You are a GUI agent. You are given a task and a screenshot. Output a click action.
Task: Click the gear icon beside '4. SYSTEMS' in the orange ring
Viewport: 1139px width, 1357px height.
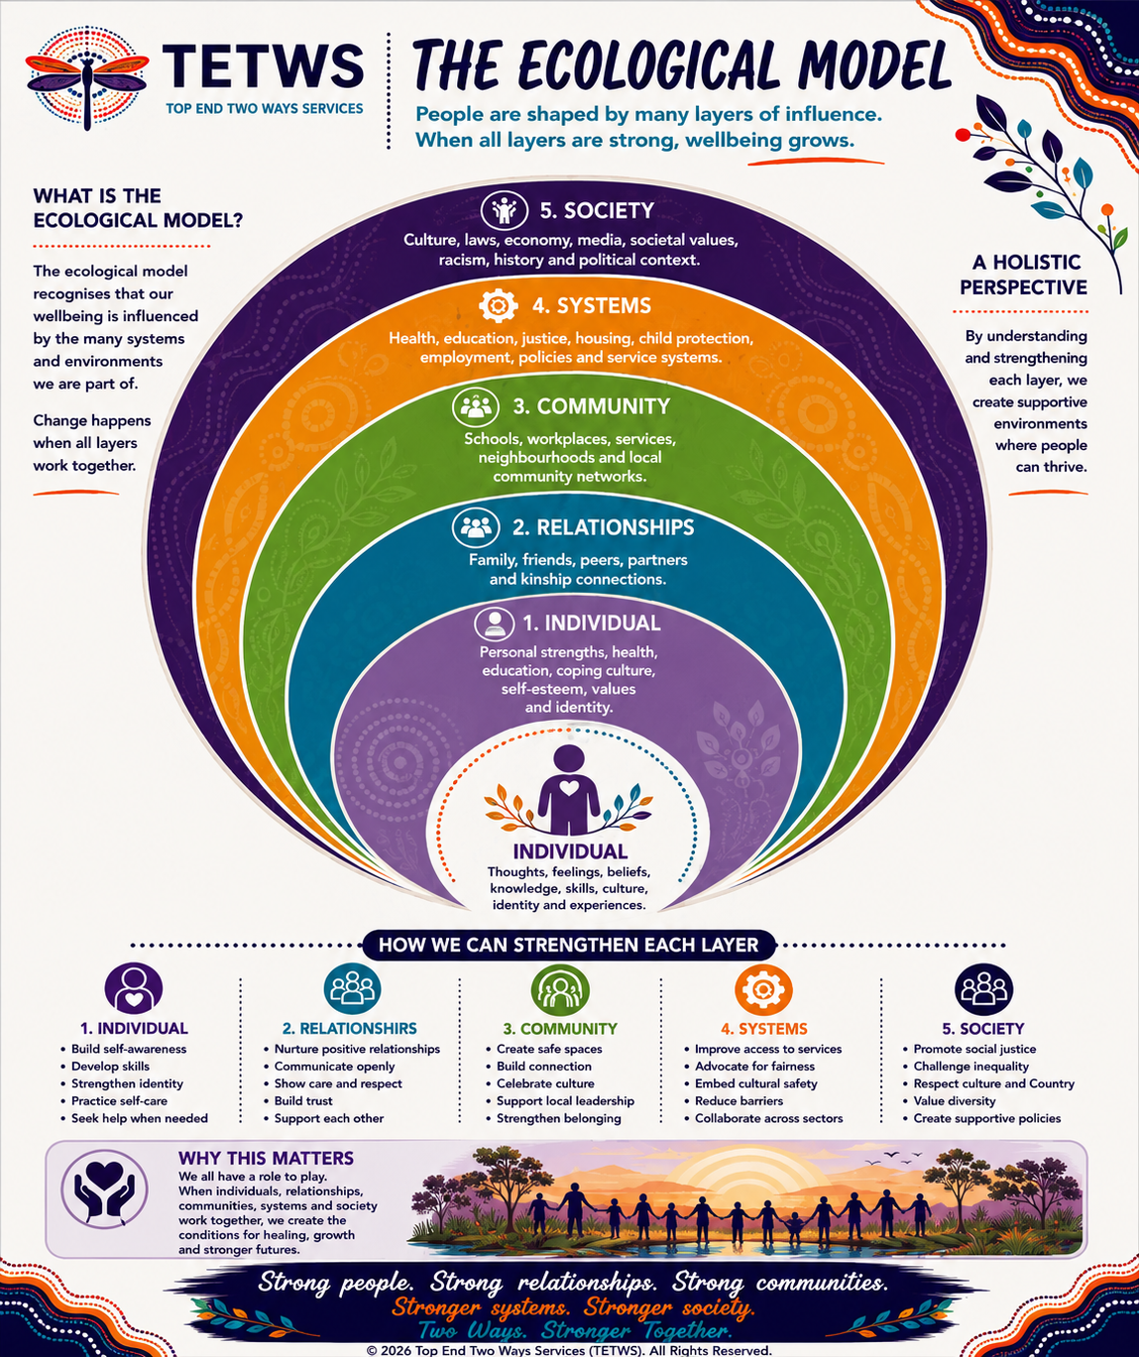coord(498,305)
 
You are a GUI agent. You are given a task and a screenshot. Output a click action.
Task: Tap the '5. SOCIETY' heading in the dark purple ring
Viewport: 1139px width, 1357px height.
coord(597,210)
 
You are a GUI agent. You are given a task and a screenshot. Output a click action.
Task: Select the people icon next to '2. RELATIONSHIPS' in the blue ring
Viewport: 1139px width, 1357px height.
coord(476,526)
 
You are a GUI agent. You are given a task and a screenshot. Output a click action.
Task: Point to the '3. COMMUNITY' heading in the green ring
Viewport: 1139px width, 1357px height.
coord(591,406)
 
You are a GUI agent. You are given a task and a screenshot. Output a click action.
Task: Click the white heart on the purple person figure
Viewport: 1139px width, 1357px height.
coord(569,788)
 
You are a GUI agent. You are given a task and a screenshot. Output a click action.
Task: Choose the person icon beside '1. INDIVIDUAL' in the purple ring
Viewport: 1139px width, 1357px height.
coord(495,622)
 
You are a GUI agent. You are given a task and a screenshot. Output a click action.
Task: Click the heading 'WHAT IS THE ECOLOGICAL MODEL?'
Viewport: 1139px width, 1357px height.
coord(138,208)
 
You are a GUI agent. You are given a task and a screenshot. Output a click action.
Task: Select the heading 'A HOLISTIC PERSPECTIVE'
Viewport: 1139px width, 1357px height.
coord(1023,275)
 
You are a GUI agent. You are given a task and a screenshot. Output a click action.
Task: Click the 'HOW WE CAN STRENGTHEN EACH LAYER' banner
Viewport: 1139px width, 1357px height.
coord(568,945)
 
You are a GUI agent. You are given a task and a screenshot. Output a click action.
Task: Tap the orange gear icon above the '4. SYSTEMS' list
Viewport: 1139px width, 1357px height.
coord(763,988)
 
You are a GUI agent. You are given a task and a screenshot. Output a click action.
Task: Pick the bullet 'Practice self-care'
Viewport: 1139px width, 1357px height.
coord(114,1101)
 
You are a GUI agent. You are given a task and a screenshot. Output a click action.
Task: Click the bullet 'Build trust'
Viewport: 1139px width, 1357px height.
coord(298,1101)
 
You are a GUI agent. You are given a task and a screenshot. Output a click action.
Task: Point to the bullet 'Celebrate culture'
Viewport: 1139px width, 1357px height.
coord(539,1083)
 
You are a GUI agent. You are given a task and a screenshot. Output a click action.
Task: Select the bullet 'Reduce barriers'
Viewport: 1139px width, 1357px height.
coord(734,1101)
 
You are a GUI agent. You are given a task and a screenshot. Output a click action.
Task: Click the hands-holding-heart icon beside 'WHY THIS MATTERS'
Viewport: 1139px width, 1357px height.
coord(105,1189)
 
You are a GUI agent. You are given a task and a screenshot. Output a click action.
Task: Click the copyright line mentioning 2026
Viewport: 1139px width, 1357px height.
coord(569,1350)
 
